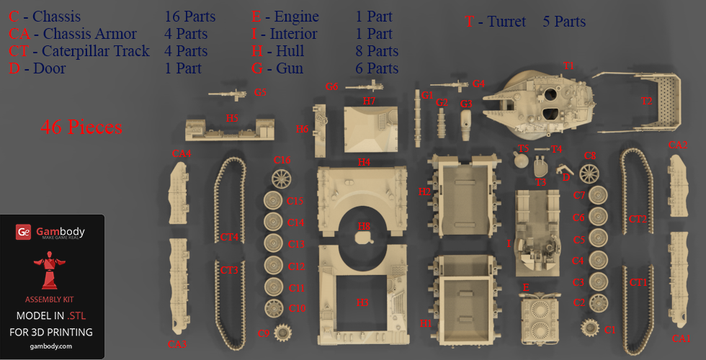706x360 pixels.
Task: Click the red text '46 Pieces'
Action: (x=81, y=127)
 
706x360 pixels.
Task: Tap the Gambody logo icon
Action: (x=24, y=232)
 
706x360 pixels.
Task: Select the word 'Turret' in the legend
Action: (x=506, y=22)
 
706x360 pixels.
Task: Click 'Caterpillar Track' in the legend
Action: (x=95, y=51)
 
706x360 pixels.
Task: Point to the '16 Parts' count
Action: (x=189, y=17)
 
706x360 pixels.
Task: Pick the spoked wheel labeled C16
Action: (x=280, y=177)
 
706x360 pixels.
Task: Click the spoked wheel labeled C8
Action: (x=589, y=173)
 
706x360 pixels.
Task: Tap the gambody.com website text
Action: (x=52, y=346)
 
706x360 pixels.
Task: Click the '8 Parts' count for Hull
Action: (x=377, y=51)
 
